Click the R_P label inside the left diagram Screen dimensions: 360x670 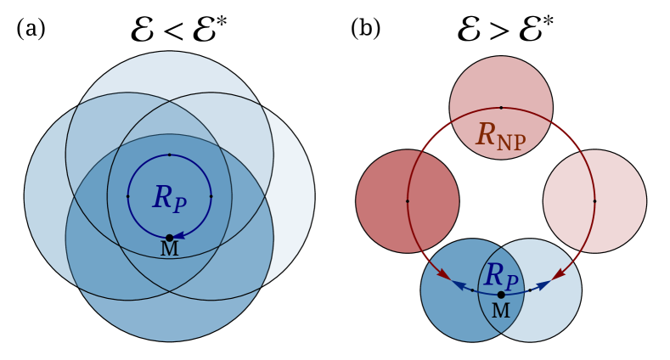pyautogui.click(x=169, y=199)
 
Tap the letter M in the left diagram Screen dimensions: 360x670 pyautogui.click(x=169, y=250)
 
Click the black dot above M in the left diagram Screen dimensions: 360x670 pyautogui.click(x=169, y=238)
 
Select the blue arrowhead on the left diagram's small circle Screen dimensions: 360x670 pyautogui.click(x=178, y=236)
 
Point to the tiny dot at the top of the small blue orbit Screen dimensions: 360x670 pyautogui.click(x=169, y=155)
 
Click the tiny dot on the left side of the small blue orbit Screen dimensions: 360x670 pyautogui.click(x=128, y=196)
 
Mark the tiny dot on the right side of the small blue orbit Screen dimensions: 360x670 pyautogui.click(x=211, y=196)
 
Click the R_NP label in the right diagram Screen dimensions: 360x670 pyautogui.click(x=500, y=136)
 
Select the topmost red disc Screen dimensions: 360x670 pyautogui.click(x=501, y=85)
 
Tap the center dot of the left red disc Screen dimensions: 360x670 pyautogui.click(x=408, y=201)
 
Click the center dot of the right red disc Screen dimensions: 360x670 pyautogui.click(x=594, y=201)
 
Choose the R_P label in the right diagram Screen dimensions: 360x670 pyautogui.click(x=500, y=276)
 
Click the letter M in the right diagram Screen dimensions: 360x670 pyautogui.click(x=501, y=312)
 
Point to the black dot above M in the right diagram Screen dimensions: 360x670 pyautogui.click(x=501, y=295)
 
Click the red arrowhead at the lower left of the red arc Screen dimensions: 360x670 pyautogui.click(x=444, y=274)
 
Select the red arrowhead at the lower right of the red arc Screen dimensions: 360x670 pyautogui.click(x=558, y=274)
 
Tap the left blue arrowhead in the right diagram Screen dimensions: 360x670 pyautogui.click(x=459, y=285)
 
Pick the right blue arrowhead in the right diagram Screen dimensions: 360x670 pyautogui.click(x=543, y=285)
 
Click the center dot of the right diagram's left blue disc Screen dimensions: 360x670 pyautogui.click(x=473, y=290)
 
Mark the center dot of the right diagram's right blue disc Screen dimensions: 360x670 pyautogui.click(x=530, y=290)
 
